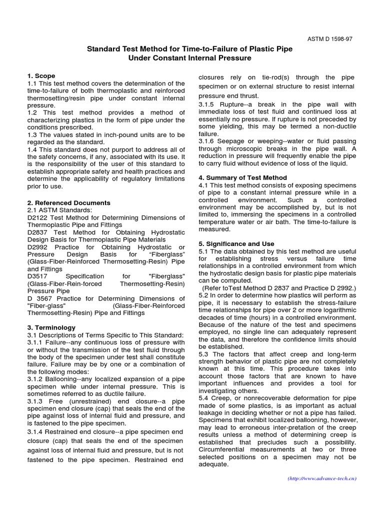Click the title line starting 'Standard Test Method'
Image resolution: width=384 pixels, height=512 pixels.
pyautogui.click(x=190, y=49)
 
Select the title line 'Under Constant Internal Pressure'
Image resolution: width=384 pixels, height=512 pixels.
pyautogui.click(x=190, y=58)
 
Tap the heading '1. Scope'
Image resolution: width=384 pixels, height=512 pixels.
pyautogui.click(x=41, y=76)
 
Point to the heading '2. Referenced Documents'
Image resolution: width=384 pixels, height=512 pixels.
pyautogui.click(x=69, y=203)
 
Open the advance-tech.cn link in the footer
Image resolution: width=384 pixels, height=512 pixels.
pyautogui.click(x=322, y=478)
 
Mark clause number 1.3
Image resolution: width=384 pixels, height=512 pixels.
pyautogui.click(x=33, y=134)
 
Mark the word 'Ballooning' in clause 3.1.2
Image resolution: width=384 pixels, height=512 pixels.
pyautogui.click(x=63, y=378)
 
